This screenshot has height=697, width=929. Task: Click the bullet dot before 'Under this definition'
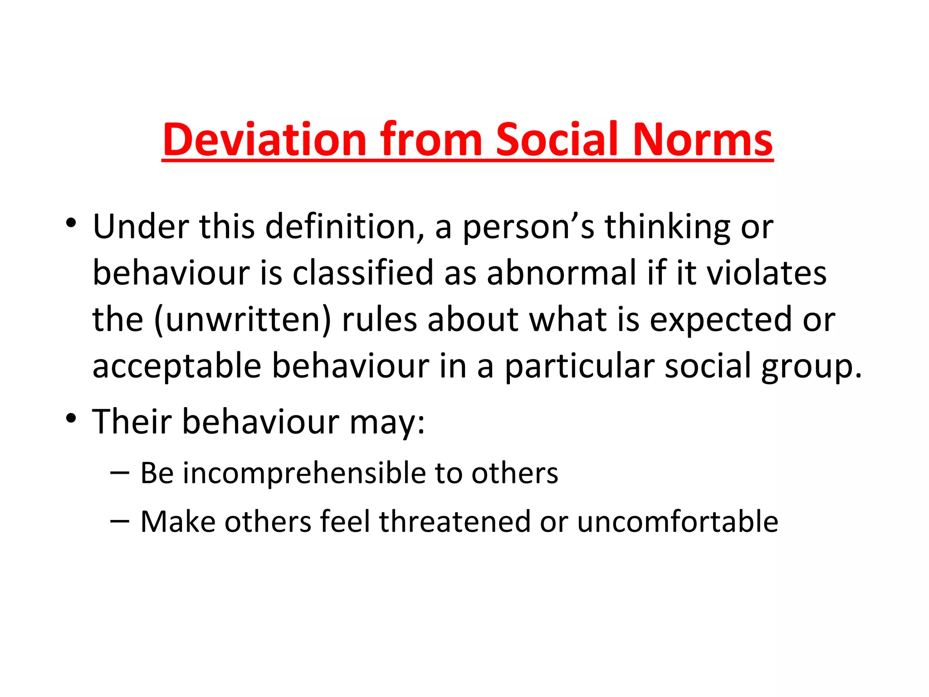70,223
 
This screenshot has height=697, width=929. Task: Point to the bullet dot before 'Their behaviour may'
70,418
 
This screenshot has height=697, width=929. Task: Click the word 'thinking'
667,227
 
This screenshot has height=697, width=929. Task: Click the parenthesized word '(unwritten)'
243,319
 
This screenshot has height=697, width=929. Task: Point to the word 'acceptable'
177,367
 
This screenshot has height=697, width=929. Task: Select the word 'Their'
132,422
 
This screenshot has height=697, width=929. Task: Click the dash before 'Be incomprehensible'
120,472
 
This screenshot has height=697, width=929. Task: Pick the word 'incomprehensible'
303,474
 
